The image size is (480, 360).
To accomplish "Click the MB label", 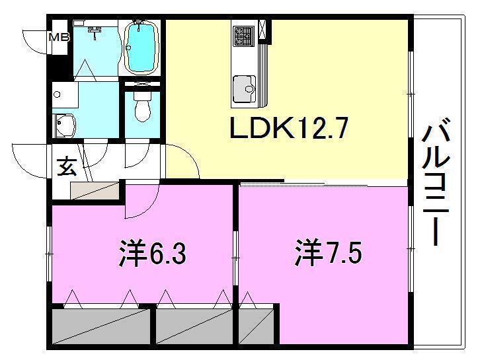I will click(59, 38).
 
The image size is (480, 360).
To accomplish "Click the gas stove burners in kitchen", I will click(242, 36).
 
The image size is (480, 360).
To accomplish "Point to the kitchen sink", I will click(244, 87).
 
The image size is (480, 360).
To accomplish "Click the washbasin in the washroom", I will click(65, 124).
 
